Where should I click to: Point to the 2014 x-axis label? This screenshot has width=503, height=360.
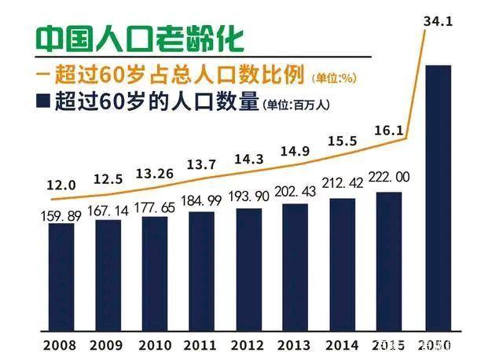[343, 344]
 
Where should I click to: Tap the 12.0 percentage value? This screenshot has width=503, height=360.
[61, 186]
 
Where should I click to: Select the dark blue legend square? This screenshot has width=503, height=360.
[44, 102]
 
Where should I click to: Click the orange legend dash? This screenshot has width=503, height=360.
[44, 75]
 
